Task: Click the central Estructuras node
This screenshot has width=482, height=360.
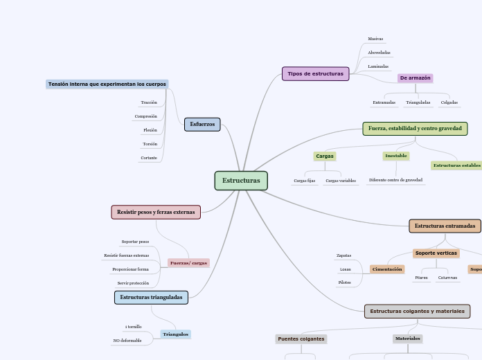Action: (x=241, y=181)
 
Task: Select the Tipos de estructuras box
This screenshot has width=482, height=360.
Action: (x=315, y=73)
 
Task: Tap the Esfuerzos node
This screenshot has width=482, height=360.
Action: (x=202, y=125)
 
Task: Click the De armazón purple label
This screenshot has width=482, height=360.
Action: (x=415, y=78)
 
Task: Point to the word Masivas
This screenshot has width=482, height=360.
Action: (x=375, y=39)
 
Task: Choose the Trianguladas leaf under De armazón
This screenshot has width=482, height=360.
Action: (x=418, y=102)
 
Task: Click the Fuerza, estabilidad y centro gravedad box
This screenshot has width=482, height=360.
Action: (x=415, y=129)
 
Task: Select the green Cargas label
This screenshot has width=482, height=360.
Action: (x=325, y=156)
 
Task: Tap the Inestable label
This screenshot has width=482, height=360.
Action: (x=396, y=156)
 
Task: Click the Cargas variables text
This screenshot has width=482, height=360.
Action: (x=341, y=181)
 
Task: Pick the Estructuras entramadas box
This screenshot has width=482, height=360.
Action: (x=445, y=226)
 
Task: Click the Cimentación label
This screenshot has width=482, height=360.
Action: (x=387, y=269)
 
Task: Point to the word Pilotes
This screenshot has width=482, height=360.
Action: (x=344, y=282)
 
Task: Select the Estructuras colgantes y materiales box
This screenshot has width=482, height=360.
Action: (x=417, y=312)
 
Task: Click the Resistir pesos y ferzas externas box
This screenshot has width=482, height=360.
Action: (x=156, y=212)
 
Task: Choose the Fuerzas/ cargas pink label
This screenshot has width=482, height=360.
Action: (x=188, y=263)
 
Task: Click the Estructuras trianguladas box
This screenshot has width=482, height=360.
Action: (x=151, y=297)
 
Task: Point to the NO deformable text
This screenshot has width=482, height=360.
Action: (x=127, y=341)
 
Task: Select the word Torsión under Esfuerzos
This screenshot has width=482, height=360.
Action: (x=150, y=144)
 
